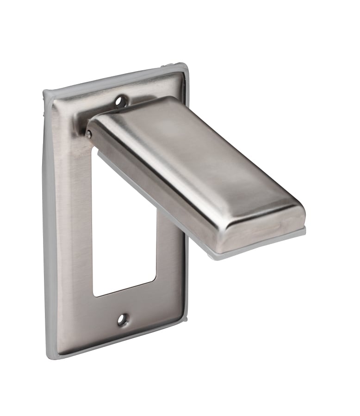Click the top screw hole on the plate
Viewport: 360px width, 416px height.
click(121, 99)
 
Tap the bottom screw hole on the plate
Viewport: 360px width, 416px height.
click(123, 319)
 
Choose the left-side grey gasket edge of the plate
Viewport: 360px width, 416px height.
click(47, 222)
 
